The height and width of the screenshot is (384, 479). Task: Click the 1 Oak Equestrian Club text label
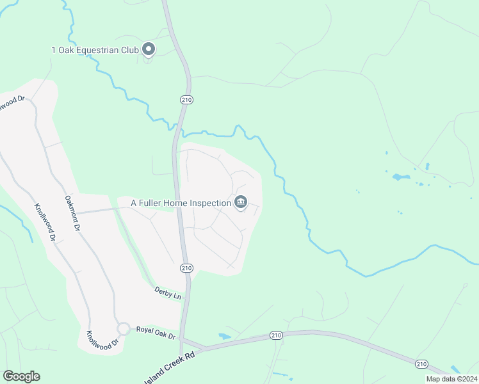(95, 49)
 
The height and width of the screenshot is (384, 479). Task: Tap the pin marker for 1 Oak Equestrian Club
(149, 49)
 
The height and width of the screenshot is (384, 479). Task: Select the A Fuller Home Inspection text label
(181, 203)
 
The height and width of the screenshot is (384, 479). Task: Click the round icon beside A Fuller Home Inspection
(241, 203)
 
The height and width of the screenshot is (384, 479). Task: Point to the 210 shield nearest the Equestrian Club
(186, 100)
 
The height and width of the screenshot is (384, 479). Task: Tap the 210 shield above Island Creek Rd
(275, 335)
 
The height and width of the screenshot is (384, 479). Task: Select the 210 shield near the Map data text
(421, 364)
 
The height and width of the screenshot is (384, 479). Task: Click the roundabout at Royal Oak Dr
(123, 328)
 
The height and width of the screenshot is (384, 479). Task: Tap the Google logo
(21, 376)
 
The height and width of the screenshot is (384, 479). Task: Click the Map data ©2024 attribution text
(451, 379)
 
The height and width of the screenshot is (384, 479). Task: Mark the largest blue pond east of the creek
(400, 177)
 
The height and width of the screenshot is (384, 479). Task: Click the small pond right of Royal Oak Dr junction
(224, 335)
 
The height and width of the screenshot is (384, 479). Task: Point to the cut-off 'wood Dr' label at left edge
(12, 102)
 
